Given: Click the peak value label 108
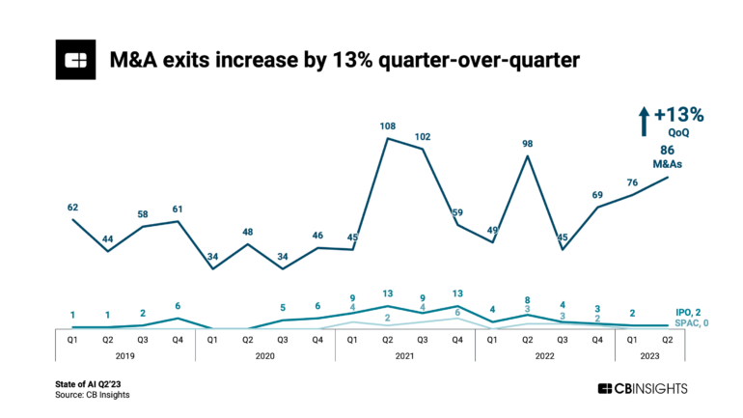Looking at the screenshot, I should pos(388,125).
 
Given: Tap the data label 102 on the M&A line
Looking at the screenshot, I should pos(423,137).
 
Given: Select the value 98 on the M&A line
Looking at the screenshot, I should pos(528,144).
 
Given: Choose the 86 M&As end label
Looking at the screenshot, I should pos(667,156).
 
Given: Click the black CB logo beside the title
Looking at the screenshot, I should pos(75,61).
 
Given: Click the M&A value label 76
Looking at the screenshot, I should pos(632,182).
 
